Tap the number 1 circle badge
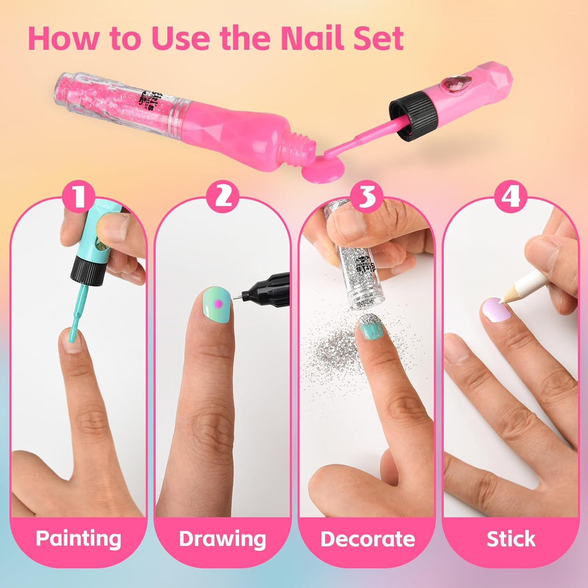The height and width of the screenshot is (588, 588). [80, 196]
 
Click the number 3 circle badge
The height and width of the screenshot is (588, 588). [367, 196]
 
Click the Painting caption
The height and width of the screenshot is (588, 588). [78, 538]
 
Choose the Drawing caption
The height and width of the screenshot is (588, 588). [223, 538]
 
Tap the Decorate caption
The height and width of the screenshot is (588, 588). [367, 538]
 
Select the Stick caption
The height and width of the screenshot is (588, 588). [511, 538]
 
